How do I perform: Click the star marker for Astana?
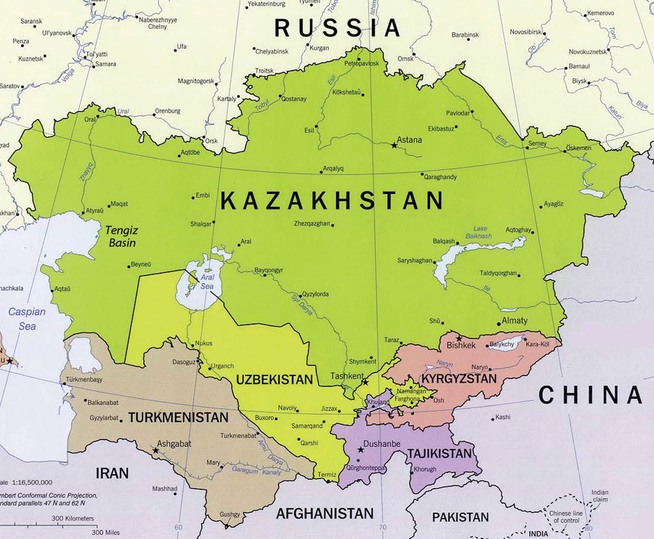[394, 145]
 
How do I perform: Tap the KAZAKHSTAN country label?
[331, 201]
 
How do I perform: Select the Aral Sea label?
[207, 282]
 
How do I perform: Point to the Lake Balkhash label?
[479, 232]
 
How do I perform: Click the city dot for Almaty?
[499, 324]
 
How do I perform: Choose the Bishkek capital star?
[459, 338]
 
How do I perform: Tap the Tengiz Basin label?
[122, 236]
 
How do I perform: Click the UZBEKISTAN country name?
[274, 379]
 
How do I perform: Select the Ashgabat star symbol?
[155, 450]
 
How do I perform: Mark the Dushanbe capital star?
[361, 450]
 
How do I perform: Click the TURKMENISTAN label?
[178, 417]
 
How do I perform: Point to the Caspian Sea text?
[27, 319]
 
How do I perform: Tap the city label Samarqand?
[307, 426]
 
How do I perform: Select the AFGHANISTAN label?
[325, 513]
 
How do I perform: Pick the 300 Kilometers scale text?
[72, 519]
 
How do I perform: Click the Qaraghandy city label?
[440, 177]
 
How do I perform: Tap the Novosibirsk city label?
[525, 32]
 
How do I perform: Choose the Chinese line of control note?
[566, 517]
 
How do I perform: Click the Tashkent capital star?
[365, 382]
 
